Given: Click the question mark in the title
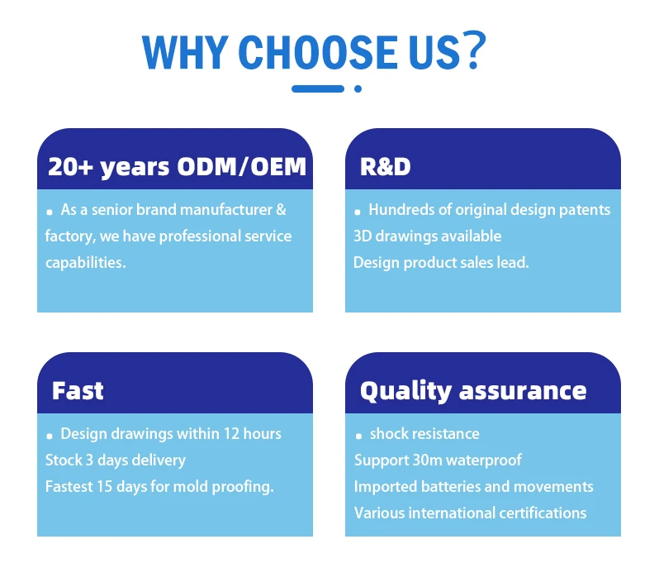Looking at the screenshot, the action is [474, 50].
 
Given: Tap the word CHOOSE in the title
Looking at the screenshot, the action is [318, 52].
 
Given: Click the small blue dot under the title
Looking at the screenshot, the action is [358, 88].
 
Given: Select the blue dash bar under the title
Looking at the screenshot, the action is [318, 88].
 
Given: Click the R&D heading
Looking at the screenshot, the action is [385, 167].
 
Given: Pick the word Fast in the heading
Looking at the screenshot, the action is [78, 390].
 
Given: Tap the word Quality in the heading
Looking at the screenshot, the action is [406, 392].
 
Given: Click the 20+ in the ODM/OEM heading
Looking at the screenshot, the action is [70, 167].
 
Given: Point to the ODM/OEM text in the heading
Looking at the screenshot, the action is [242, 167].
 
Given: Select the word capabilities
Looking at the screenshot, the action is [85, 263].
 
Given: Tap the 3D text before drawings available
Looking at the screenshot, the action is [363, 236].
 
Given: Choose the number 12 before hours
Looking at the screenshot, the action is [231, 434].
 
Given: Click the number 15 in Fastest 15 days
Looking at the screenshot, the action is [105, 486].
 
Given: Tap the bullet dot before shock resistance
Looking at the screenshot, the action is [358, 436].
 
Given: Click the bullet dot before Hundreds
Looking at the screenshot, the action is [358, 212].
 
